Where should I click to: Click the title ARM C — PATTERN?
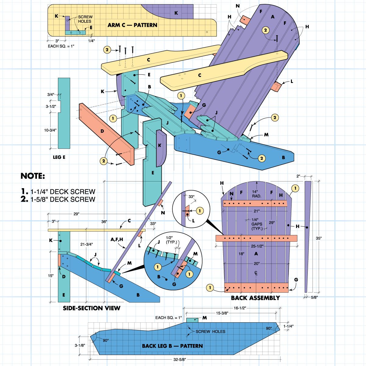[132, 25]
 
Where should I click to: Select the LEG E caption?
[59, 157]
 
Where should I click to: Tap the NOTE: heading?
[33, 176]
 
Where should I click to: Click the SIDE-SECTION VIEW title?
[91, 308]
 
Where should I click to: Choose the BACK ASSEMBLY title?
[255, 298]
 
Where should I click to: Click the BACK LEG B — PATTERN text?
[172, 346]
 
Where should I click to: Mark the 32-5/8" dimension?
[180, 360]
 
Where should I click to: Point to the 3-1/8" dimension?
[80, 346]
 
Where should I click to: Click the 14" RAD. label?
[257, 194]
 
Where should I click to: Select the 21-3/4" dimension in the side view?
[87, 244]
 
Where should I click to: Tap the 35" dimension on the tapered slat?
[318, 239]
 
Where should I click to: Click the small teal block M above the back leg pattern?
[192, 320]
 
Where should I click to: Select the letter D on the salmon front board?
[102, 131]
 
